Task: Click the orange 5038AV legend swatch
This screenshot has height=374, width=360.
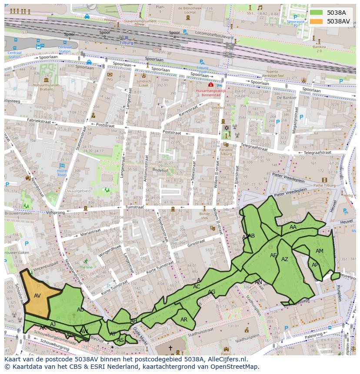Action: tap(316, 21)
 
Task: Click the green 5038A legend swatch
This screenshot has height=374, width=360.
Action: tap(316, 13)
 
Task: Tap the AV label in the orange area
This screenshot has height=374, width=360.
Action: tap(37, 296)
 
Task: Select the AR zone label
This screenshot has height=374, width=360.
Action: tap(184, 320)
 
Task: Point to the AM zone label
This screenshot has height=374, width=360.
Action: tap(319, 251)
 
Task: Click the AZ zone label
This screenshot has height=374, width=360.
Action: tap(285, 259)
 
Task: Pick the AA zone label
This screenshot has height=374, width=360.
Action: tap(293, 227)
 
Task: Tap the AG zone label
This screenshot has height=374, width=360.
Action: tap(211, 292)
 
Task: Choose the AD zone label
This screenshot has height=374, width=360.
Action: tap(80, 310)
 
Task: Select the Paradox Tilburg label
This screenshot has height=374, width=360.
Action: tap(226, 152)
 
